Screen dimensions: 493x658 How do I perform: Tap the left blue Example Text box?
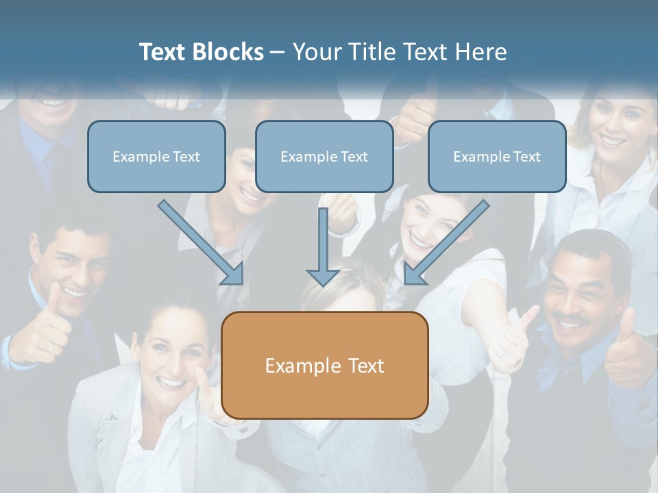[x=156, y=156]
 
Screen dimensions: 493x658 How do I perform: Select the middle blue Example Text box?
[x=324, y=156]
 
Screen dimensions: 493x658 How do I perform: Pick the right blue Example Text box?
[x=497, y=156]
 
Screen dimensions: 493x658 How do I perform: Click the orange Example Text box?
[x=325, y=365]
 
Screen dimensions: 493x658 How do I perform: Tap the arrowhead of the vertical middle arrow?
[x=323, y=277]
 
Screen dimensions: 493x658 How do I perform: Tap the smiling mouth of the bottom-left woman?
[x=169, y=383]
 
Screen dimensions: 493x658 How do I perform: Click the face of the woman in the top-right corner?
[x=612, y=127]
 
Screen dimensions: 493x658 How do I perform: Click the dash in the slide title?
[x=278, y=52]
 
